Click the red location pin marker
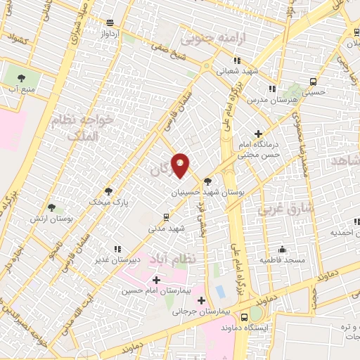pyautogui.click(x=181, y=165)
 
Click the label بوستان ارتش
pyautogui.click(x=51, y=218)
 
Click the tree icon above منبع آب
pyautogui.click(x=20, y=78)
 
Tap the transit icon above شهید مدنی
pyautogui.click(x=165, y=217)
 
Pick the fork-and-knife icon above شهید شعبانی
pyautogui.click(x=238, y=60)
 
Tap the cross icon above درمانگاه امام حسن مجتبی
pyautogui.click(x=259, y=134)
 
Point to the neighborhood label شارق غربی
pyautogui.click(x=279, y=210)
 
